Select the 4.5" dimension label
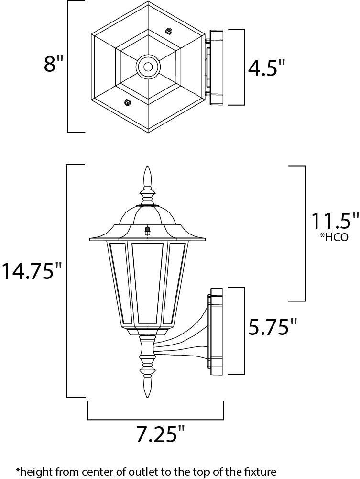click(x=266, y=67)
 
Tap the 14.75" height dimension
click(x=32, y=270)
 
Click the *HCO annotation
click(x=334, y=237)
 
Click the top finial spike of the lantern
click(x=148, y=176)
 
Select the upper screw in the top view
click(x=168, y=31)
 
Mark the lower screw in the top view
click(x=127, y=102)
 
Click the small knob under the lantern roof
click(x=148, y=231)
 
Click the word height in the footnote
click(x=33, y=471)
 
